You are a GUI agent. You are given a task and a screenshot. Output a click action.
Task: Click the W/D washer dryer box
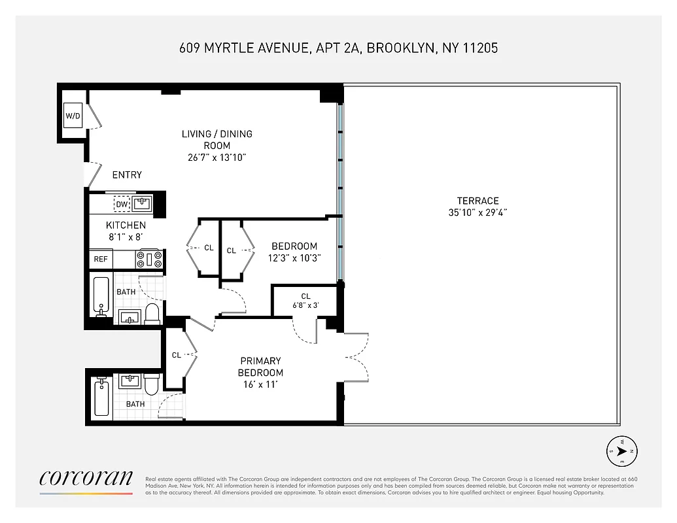click(x=72, y=116)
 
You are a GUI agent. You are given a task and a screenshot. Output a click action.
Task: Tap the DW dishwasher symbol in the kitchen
click(x=122, y=205)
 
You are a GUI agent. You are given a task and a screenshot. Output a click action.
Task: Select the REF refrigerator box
click(x=101, y=259)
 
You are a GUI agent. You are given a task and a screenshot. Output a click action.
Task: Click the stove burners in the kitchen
click(x=149, y=259)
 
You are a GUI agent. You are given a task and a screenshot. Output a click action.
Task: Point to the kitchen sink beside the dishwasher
click(x=142, y=204)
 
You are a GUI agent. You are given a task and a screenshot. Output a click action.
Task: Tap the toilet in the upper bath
click(x=152, y=313)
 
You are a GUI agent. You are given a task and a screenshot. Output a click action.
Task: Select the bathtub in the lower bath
click(x=101, y=396)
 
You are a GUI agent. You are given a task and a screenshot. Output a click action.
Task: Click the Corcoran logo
click(x=86, y=479)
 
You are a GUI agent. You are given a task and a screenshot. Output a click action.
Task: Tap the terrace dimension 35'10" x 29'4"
click(x=477, y=212)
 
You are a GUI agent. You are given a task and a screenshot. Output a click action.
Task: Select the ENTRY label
click(x=127, y=175)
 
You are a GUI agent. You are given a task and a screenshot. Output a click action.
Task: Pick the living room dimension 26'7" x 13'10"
click(x=217, y=158)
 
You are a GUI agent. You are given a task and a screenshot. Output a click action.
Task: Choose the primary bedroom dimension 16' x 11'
click(x=260, y=384)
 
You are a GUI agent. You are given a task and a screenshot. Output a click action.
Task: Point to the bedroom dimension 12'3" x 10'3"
click(x=294, y=258)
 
